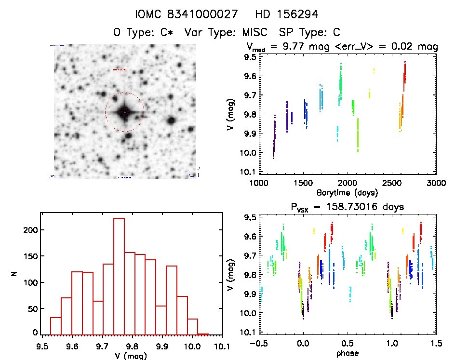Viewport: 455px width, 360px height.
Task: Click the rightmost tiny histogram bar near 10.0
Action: pyautogui.click(x=203, y=333)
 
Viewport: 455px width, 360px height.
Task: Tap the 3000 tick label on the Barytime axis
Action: pyautogui.click(x=436, y=183)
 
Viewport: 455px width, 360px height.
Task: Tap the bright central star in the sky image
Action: pyautogui.click(x=124, y=112)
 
